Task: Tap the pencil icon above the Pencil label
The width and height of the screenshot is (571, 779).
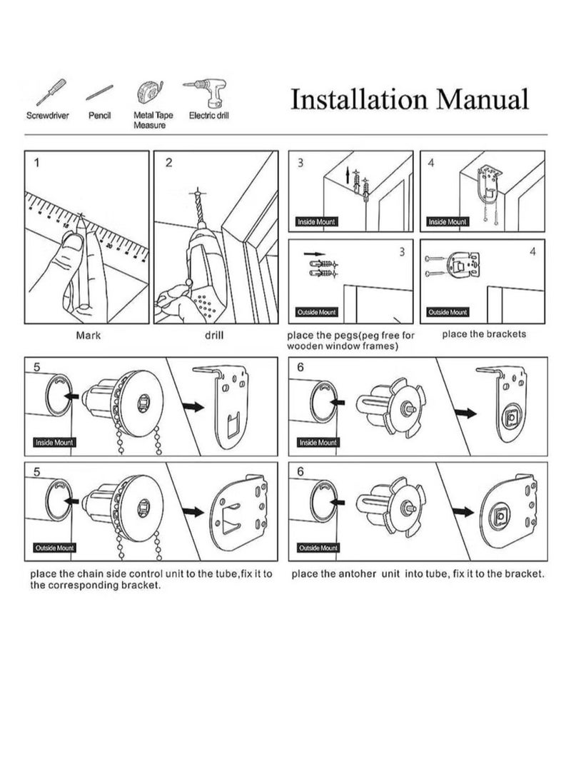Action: pos(100,94)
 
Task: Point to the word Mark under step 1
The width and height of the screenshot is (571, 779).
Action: pos(88,333)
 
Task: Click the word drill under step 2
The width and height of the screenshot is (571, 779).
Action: pos(215,333)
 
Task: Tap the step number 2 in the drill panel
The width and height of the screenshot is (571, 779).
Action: pos(169,163)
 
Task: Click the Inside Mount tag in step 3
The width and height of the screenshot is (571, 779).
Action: pos(316,222)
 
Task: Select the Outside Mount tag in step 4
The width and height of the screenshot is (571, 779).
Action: pos(448,312)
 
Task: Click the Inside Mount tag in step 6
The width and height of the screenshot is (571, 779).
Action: pos(318,443)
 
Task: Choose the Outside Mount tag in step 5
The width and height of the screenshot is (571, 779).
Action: pos(54,548)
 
